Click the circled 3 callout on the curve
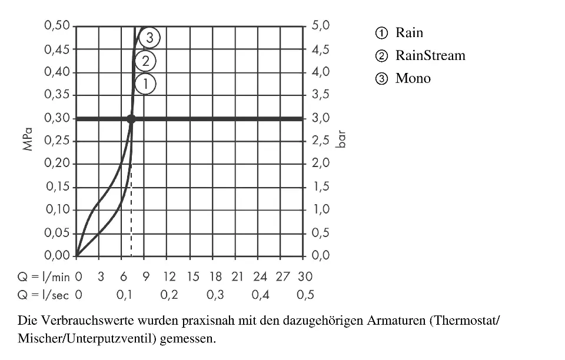pos(150,38)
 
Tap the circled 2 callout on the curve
pos(145,61)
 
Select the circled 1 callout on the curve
pos(145,84)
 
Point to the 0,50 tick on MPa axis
pos(57,26)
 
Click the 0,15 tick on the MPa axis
pos(57,187)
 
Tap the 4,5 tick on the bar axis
pos(320,49)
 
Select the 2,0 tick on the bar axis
pos(320,164)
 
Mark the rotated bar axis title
pos(341,141)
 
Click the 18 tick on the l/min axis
pos(215,276)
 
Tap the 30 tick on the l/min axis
pos(305,276)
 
